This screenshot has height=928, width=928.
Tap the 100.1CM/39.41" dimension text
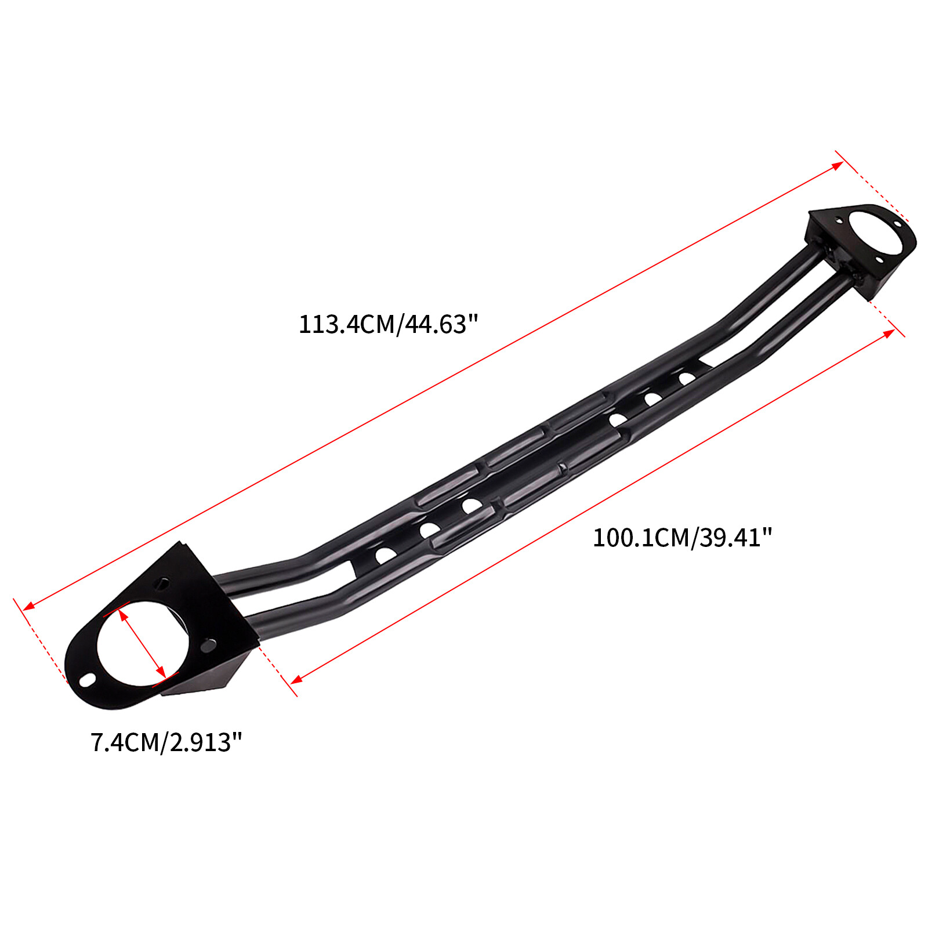tap(682, 538)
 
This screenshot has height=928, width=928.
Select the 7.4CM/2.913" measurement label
tap(166, 742)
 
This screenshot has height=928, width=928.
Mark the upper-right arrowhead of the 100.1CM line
tap(889, 333)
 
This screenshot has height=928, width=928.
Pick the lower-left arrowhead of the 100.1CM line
tap(296, 679)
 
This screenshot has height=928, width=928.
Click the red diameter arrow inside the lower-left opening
tap(142, 643)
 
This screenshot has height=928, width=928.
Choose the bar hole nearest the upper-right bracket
tap(687, 378)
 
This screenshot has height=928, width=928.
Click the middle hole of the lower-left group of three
tap(429, 530)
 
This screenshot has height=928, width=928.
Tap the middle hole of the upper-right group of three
tap(652, 398)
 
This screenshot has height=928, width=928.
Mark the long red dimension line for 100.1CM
tap(592, 507)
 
